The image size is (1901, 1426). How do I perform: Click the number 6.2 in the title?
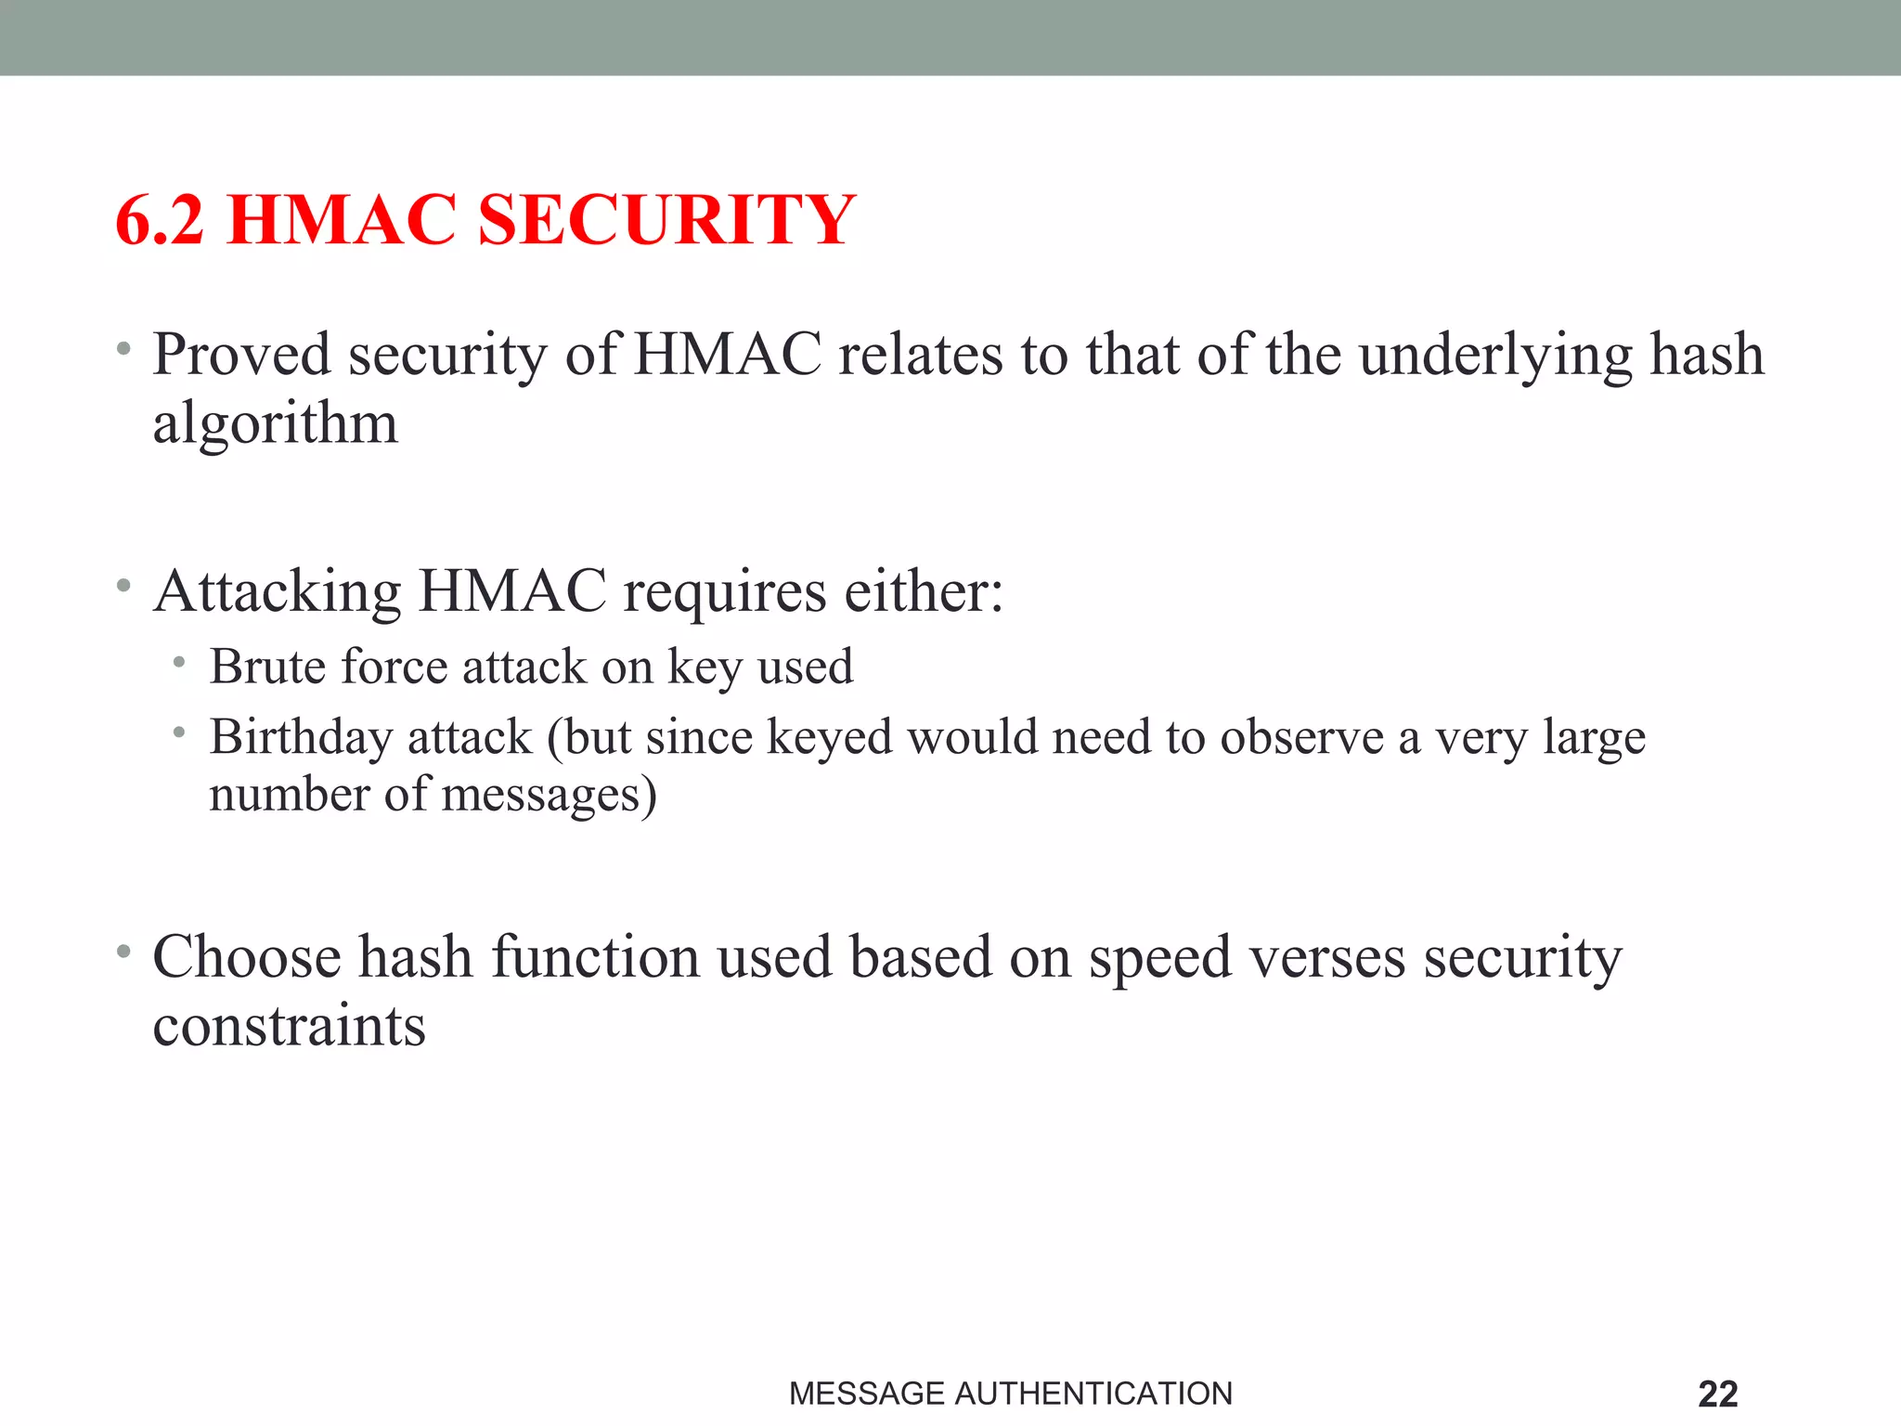pyautogui.click(x=160, y=221)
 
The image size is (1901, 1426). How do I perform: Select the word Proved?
pyautogui.click(x=241, y=355)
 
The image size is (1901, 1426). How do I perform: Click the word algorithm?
pyautogui.click(x=275, y=425)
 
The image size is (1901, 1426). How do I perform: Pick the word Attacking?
pyautogui.click(x=278, y=592)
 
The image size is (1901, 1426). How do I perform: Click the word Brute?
pyautogui.click(x=268, y=667)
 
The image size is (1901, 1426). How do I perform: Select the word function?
pyautogui.click(x=595, y=957)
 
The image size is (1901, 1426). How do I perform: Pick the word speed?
pyautogui.click(x=1159, y=959)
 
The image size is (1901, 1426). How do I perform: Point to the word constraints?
pyautogui.click(x=289, y=1027)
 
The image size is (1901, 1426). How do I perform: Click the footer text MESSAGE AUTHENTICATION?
pyautogui.click(x=1010, y=1394)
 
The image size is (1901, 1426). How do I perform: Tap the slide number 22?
pyautogui.click(x=1717, y=1394)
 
